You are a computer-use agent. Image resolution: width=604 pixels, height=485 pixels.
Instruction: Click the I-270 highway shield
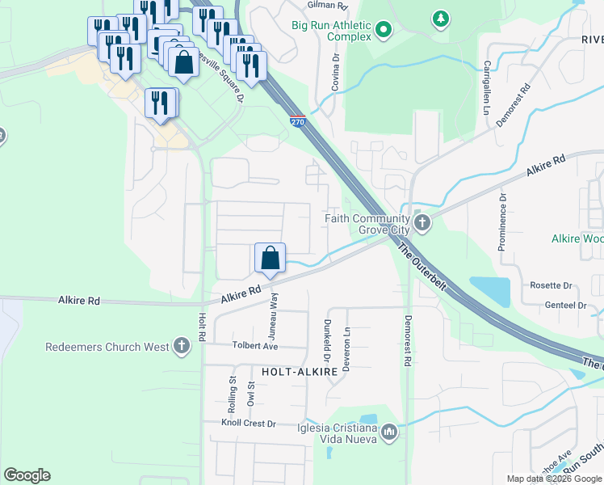pos(298,122)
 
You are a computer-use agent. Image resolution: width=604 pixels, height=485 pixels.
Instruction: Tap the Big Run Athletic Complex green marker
pos(384,31)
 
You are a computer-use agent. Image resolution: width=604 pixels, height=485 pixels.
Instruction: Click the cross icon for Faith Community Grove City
pos(421,222)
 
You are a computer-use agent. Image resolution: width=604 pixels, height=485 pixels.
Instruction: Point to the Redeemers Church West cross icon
pos(182,347)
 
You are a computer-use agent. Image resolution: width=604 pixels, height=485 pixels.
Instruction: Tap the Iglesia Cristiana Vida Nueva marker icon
pos(390,432)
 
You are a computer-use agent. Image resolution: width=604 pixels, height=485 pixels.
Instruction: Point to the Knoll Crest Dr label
pos(250,423)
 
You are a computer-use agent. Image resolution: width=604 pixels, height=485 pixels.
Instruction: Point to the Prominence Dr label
pos(501,221)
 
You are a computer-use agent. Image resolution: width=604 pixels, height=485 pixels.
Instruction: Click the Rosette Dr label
pos(551,285)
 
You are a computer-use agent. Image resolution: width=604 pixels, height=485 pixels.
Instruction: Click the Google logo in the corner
pos(27,475)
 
